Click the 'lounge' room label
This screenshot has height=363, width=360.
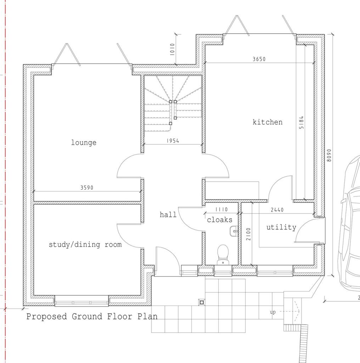click(x=84, y=143)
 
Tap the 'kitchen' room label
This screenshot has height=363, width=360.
click(x=268, y=122)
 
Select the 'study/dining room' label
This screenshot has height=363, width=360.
click(x=85, y=245)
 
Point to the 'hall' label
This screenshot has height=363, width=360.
click(x=168, y=214)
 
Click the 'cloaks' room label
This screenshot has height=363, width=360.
click(x=220, y=220)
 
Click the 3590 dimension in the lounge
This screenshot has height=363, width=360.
click(x=87, y=188)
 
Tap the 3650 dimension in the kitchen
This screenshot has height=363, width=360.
click(x=259, y=59)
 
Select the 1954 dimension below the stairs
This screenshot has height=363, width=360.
click(x=173, y=141)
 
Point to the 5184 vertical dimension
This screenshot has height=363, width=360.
click(x=302, y=122)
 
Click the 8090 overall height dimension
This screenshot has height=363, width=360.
click(x=329, y=155)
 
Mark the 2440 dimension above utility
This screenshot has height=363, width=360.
click(x=277, y=210)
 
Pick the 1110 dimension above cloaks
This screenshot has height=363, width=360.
click(x=221, y=210)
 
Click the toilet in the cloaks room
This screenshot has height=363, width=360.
click(x=223, y=253)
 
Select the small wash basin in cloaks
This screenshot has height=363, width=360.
click(x=234, y=231)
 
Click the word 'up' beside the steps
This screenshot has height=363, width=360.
click(x=272, y=312)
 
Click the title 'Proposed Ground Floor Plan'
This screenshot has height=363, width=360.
click(x=92, y=317)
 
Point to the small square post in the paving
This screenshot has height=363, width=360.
click(x=202, y=302)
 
